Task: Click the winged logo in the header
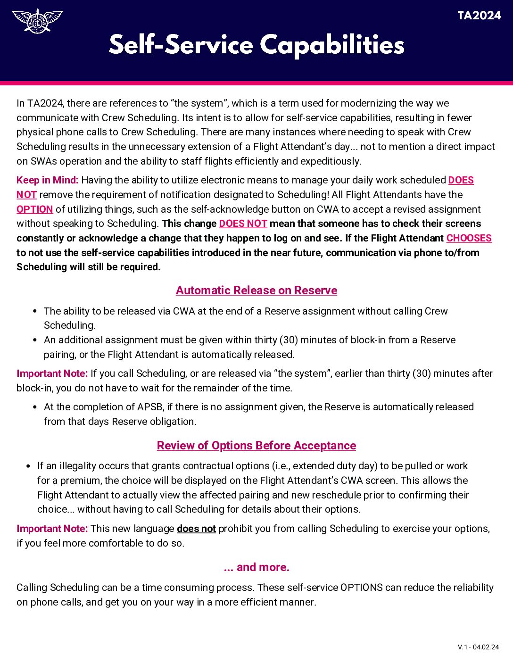[x=37, y=21]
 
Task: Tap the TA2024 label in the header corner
[x=479, y=16]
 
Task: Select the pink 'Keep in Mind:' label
[x=47, y=180]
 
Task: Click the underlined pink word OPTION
[x=34, y=209]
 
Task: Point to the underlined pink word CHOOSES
[x=469, y=238]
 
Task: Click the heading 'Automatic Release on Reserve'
[x=256, y=290]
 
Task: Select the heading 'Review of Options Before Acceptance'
[x=256, y=446]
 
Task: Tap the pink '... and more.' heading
[x=256, y=567]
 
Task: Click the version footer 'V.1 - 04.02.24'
[x=478, y=647]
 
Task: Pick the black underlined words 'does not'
[x=196, y=529]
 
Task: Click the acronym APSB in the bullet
[x=149, y=407]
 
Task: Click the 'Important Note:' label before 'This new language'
[x=52, y=529]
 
